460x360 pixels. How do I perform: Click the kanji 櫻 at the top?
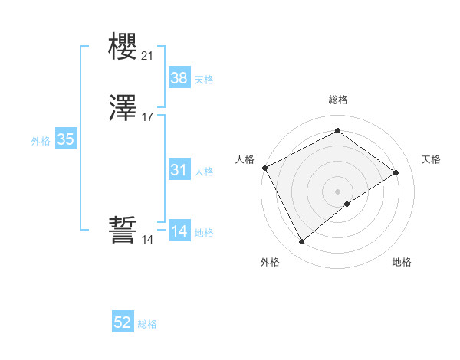pyautogui.click(x=123, y=47)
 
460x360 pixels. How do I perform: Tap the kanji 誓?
pyautogui.click(x=123, y=231)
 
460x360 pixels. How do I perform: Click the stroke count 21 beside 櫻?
pyautogui.click(x=147, y=56)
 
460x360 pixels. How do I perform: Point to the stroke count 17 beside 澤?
pyautogui.click(x=147, y=118)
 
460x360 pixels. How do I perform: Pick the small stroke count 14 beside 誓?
pyautogui.click(x=147, y=240)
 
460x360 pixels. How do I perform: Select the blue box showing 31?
pyautogui.click(x=179, y=170)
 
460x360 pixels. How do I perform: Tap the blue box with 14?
pyautogui.click(x=179, y=231)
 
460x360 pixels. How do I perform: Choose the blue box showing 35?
pyautogui.click(x=66, y=139)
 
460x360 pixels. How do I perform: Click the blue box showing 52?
pyautogui.click(x=123, y=323)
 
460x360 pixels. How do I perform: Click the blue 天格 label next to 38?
pyautogui.click(x=204, y=79)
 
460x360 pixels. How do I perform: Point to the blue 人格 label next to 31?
pyautogui.click(x=204, y=172)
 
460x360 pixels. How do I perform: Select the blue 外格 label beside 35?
pyautogui.click(x=41, y=141)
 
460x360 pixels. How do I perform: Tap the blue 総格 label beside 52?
pyautogui.click(x=147, y=325)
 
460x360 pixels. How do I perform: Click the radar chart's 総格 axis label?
pyautogui.click(x=337, y=100)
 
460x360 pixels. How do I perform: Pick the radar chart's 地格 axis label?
pyautogui.click(x=402, y=263)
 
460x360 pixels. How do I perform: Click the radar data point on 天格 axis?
pyautogui.click(x=396, y=172)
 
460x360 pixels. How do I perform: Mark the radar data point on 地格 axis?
pyautogui.click(x=347, y=204)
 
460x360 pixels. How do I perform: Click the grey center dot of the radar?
pyautogui.click(x=337, y=191)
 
